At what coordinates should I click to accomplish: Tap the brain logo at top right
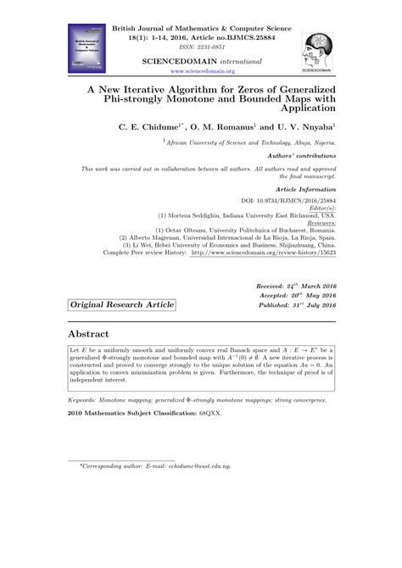pyautogui.click(x=318, y=46)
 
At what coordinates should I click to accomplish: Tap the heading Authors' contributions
pyautogui.click(x=298, y=159)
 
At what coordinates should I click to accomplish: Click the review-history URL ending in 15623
pyautogui.click(x=263, y=253)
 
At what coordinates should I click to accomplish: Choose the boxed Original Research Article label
pyautogui.click(x=122, y=304)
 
